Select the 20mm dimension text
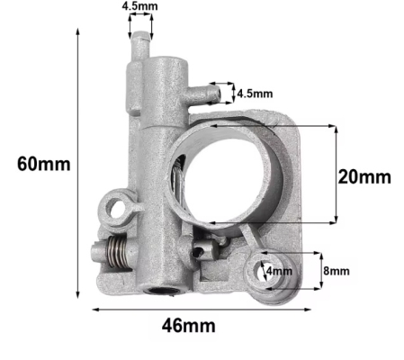pos(364,176)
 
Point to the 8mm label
pos(337,270)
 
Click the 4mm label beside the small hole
pos(278,270)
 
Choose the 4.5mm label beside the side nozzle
pos(254,93)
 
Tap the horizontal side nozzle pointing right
pos(205,90)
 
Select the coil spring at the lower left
pos(110,256)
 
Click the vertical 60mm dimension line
pos(78,166)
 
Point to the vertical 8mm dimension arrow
pos(319,270)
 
